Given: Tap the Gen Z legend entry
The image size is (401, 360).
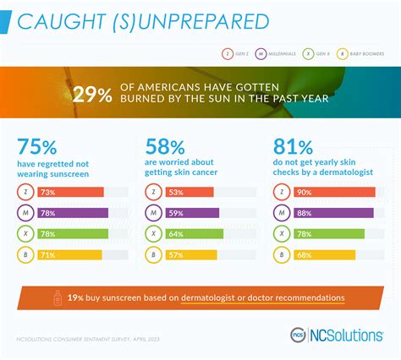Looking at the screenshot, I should click(237, 54).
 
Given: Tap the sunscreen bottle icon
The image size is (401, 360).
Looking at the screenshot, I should click(58, 298).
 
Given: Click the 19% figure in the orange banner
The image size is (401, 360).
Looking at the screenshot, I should click(76, 298).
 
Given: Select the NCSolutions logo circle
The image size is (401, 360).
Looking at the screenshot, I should click(298, 335).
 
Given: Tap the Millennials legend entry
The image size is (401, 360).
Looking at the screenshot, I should click(277, 54).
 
